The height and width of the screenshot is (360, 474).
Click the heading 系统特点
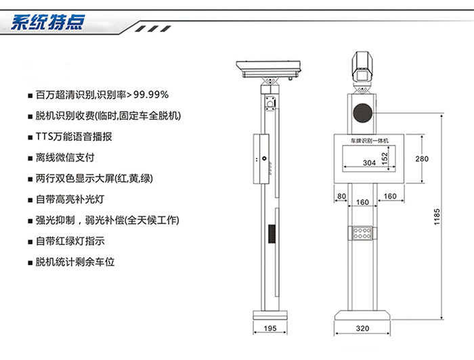(48, 22)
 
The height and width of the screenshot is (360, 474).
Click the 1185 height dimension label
(437, 217)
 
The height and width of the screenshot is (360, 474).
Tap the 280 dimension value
(422, 159)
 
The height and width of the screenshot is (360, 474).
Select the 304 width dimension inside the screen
(369, 163)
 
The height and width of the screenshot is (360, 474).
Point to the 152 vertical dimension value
(385, 158)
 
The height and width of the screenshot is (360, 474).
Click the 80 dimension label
(341, 196)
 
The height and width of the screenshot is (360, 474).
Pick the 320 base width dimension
(362, 328)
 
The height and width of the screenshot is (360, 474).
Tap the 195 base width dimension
(270, 328)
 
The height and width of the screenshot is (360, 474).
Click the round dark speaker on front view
(362, 113)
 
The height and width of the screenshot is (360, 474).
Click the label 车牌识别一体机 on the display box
(370, 141)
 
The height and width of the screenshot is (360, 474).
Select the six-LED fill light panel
(362, 233)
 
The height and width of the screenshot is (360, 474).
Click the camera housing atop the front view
(362, 66)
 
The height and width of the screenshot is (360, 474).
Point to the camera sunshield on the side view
(268, 69)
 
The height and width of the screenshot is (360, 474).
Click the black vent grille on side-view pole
(272, 233)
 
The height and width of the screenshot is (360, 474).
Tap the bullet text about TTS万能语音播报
(74, 137)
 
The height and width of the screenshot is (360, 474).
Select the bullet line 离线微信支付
(65, 158)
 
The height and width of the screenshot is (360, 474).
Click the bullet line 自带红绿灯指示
(70, 241)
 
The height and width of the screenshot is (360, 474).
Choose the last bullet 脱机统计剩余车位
(75, 262)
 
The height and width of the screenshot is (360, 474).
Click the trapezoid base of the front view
(362, 315)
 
